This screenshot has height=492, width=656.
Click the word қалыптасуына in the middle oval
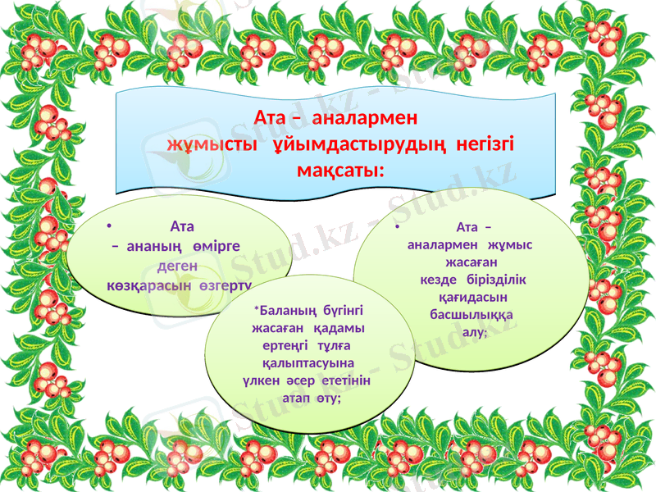coord(307,362)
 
